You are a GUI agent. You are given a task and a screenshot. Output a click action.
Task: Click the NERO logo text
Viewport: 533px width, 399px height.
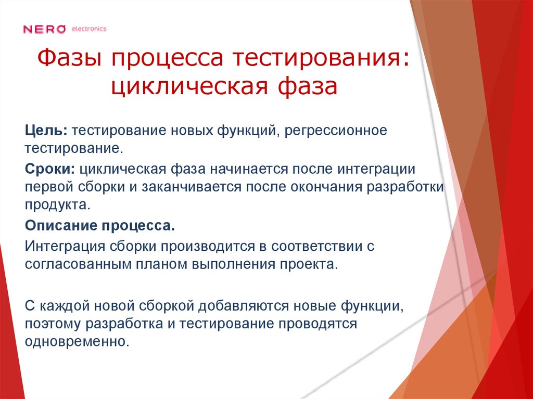coord(44,29)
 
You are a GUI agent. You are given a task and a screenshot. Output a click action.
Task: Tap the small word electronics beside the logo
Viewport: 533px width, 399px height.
coord(89,29)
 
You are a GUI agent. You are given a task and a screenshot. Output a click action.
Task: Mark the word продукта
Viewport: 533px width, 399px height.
coord(57,204)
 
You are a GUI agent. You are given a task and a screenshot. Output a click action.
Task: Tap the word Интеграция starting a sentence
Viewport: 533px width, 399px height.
coord(65,246)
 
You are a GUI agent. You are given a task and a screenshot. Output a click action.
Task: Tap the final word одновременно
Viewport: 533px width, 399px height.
coord(76,342)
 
